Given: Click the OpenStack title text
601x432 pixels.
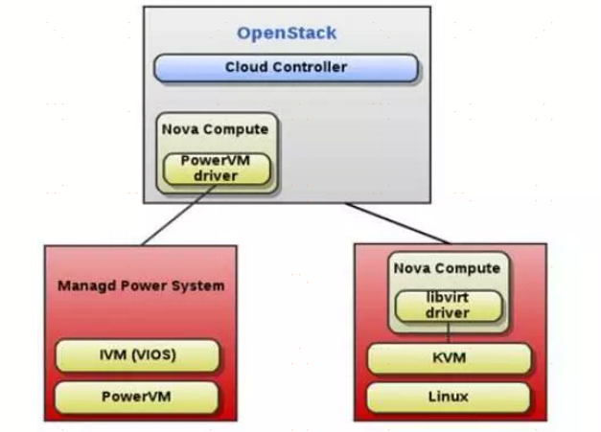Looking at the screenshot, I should pos(287,34).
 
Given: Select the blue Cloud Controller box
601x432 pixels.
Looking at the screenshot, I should pos(286,68).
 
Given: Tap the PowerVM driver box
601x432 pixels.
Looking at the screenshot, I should pos(215,169).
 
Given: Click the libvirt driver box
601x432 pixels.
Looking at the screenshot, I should pos(449,306).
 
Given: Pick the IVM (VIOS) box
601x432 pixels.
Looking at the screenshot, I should pos(137,356).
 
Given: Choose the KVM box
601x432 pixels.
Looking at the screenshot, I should pos(449,359).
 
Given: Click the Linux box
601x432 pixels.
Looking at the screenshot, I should pos(449,397).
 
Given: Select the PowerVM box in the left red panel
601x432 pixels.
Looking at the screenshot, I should pos(137,396).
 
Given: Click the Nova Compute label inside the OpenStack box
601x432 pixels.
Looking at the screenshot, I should pos(215,129).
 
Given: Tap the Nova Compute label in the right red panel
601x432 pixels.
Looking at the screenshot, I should pos(448,268).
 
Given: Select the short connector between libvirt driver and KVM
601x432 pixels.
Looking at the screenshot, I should pos(448,333).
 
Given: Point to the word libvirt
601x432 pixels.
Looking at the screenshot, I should pos(449,298).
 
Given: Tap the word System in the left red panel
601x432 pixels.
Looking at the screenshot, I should pos(201,285).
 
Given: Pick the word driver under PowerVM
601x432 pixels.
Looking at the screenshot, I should pos(215,176).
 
